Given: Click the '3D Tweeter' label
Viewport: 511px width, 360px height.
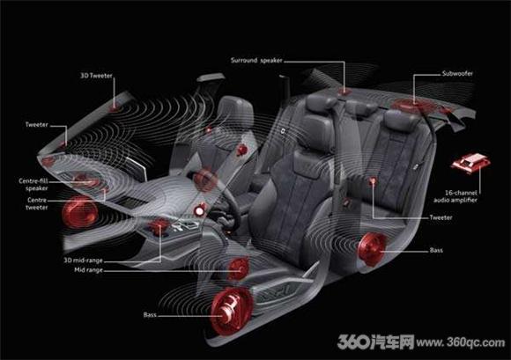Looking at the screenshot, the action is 96,76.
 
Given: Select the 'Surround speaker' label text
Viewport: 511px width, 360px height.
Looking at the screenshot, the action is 256,60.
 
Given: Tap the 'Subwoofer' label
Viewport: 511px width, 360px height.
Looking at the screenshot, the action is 457,74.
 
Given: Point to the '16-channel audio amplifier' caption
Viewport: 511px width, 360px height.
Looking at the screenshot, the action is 455,196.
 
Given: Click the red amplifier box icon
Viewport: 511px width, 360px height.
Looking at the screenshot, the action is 470,163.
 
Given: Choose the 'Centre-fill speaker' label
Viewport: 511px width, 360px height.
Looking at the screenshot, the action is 33,185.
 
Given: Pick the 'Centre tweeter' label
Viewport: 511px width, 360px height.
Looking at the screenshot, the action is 37,203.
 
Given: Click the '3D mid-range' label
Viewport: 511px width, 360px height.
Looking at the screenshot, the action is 83,261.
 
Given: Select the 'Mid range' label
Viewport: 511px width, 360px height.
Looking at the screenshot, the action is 88,270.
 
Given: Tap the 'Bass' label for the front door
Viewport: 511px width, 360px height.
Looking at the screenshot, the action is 150,315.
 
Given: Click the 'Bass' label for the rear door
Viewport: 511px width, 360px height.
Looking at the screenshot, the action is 436,250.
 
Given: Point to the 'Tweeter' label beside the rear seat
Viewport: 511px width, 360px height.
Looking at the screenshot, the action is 441,217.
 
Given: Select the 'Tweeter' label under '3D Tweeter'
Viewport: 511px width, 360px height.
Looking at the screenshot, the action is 37,125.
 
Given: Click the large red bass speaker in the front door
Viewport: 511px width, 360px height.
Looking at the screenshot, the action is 232,311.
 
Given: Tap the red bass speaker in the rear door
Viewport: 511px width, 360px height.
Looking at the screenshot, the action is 372,248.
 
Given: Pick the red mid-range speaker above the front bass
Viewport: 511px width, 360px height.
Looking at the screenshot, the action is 238,268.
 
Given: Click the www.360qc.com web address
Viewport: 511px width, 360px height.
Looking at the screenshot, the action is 461,342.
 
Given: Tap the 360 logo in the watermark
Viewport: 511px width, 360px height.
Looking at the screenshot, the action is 353,342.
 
